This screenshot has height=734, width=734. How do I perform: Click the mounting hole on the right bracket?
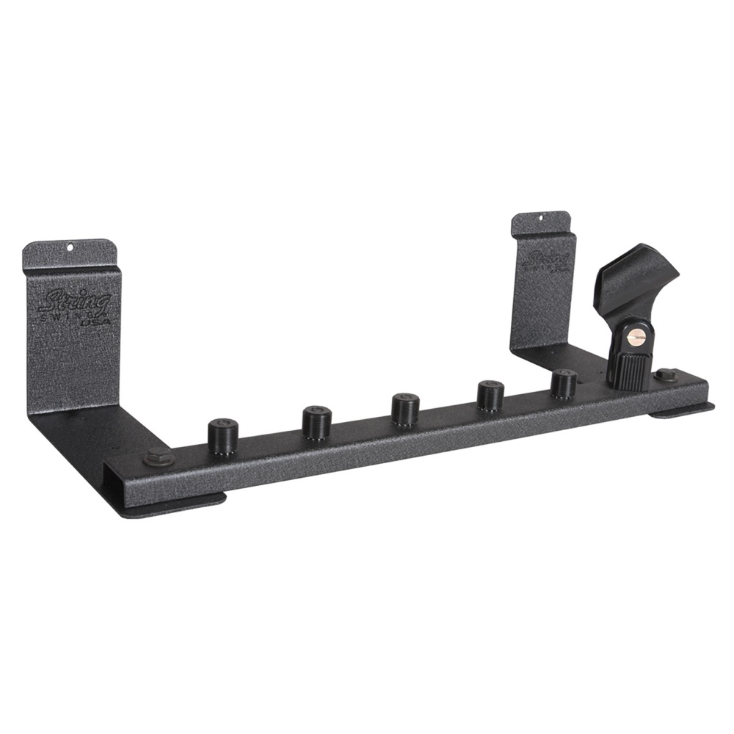542,218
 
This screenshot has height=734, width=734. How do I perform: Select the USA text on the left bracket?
93,321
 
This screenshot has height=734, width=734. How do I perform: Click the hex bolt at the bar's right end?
666,375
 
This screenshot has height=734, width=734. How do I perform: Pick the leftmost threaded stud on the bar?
222,436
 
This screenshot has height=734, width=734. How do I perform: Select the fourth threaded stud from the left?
490,395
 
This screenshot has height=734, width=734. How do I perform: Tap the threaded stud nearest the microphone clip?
564,383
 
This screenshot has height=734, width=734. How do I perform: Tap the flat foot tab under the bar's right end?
683,410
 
